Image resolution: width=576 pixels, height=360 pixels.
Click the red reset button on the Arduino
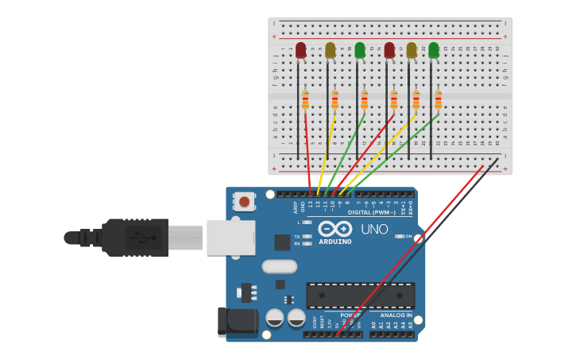[244, 203]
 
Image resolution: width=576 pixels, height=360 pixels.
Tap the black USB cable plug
[136, 237]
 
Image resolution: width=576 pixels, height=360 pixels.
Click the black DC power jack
[238, 320]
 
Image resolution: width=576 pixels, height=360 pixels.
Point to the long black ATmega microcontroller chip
[360, 296]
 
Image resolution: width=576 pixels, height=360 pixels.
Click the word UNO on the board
[374, 230]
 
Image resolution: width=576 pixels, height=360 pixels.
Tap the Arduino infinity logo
[334, 229]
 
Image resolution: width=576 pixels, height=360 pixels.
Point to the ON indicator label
[408, 237]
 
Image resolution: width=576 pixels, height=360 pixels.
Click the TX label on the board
[297, 237]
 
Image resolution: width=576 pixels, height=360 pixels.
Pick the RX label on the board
[297, 244]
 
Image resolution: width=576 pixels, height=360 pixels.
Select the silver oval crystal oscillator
[279, 266]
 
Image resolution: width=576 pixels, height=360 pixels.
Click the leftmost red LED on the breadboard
[300, 51]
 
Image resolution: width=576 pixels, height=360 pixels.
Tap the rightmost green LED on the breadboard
[434, 51]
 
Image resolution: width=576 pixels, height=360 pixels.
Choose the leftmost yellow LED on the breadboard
[331, 51]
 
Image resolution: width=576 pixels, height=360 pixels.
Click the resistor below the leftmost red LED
[305, 100]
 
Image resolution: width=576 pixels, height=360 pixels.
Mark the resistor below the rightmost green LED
[438, 100]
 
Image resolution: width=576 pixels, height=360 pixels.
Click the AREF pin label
[296, 207]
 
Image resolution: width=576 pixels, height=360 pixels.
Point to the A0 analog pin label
[373, 324]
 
